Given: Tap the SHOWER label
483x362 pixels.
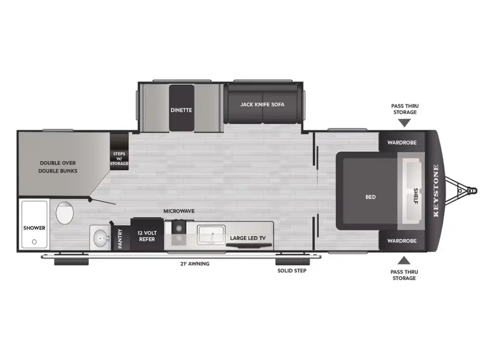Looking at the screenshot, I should tap(34, 228).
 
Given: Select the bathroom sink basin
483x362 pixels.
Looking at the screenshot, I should tap(99, 237).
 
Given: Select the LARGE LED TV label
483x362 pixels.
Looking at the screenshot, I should tap(248, 238).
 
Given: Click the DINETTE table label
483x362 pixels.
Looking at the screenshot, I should tap(181, 110).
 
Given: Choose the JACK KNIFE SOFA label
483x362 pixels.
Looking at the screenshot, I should tap(262, 104).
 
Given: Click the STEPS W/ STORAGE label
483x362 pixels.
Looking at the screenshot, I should tap(119, 159).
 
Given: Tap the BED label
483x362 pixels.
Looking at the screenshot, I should tap(371, 197).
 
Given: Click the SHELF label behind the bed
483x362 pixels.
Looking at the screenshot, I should tap(415, 196).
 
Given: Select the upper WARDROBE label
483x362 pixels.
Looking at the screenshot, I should tap(401, 143).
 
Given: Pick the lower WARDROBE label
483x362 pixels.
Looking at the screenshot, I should tap(401, 241).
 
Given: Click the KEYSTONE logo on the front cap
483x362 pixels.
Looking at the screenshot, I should tap(436, 191).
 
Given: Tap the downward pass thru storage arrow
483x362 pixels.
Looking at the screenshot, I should tap(404, 122).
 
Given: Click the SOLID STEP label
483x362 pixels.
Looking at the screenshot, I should tap(292, 271).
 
